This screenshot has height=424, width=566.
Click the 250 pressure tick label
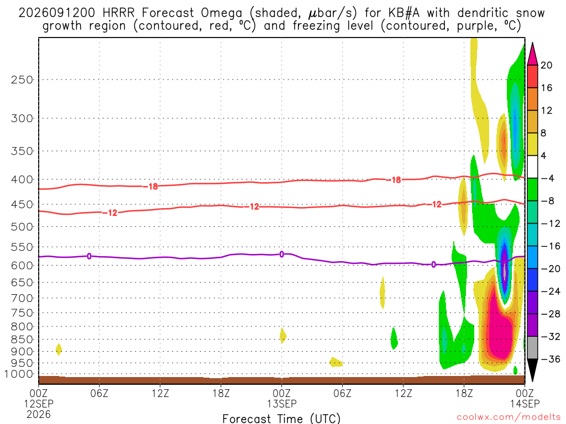pos(22,79)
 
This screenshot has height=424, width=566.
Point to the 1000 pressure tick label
pos(19,374)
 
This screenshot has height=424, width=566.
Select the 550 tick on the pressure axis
pos(22,247)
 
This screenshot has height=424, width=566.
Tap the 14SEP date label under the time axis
pos(525,404)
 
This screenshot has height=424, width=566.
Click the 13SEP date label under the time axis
pos(281,404)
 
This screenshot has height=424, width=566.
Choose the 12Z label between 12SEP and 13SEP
pos(160,393)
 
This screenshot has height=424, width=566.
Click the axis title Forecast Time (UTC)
pos(281,418)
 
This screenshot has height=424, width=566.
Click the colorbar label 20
pos(546,65)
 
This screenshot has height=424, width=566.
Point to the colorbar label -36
pos(550,359)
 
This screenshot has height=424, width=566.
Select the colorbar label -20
pos(550,269)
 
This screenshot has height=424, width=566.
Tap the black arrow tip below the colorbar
pos(532,380)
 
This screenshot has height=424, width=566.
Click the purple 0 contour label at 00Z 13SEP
pos(281,254)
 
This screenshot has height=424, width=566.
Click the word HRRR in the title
pos(118,13)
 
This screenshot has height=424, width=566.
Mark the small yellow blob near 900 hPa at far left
pos(59,349)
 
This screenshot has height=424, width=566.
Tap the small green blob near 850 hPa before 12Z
pos(394,338)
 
